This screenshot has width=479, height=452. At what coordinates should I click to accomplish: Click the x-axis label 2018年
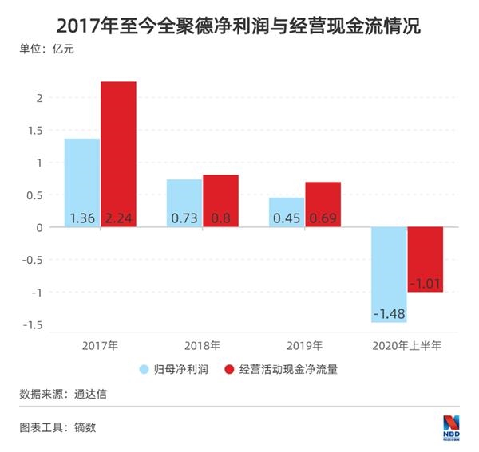tap(202, 346)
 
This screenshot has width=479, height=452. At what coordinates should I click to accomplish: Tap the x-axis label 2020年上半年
tap(406, 346)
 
